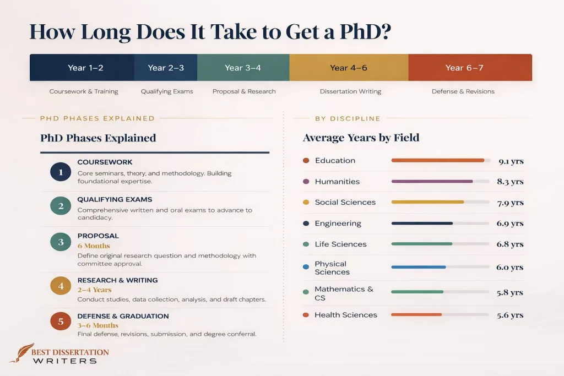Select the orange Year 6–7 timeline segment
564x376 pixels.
click(x=470, y=68)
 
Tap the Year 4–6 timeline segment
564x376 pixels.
click(x=349, y=68)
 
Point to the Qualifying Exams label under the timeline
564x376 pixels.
click(x=167, y=91)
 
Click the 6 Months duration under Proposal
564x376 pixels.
click(x=94, y=246)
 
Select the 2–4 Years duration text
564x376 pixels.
click(x=94, y=290)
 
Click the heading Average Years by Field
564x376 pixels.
click(x=361, y=138)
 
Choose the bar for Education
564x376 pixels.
click(x=437, y=161)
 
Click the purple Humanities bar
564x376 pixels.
click(x=432, y=182)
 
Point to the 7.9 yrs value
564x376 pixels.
click(x=510, y=203)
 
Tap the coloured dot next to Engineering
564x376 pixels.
click(x=306, y=224)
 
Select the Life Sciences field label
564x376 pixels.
click(x=340, y=244)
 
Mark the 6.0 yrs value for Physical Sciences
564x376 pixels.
click(x=510, y=268)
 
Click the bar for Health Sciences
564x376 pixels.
click(x=416, y=315)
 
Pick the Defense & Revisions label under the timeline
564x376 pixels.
click(x=463, y=91)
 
